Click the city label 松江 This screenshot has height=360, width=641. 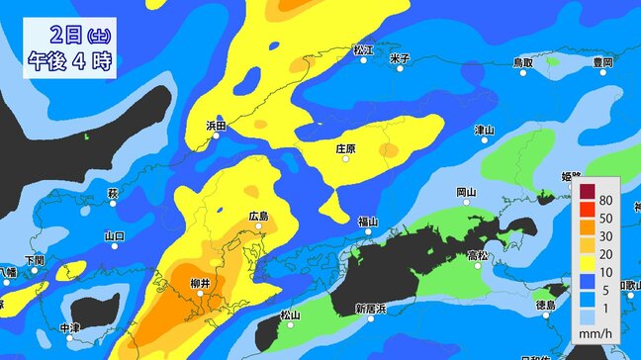point(363,49)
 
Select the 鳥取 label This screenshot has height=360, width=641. point(522,62)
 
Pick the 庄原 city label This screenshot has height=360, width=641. point(345,149)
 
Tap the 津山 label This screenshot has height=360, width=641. point(484,130)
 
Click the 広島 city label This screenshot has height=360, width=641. point(259,216)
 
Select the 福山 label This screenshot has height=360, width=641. point(367,221)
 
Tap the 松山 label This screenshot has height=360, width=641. point(290,315)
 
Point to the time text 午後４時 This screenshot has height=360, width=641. point(68,59)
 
